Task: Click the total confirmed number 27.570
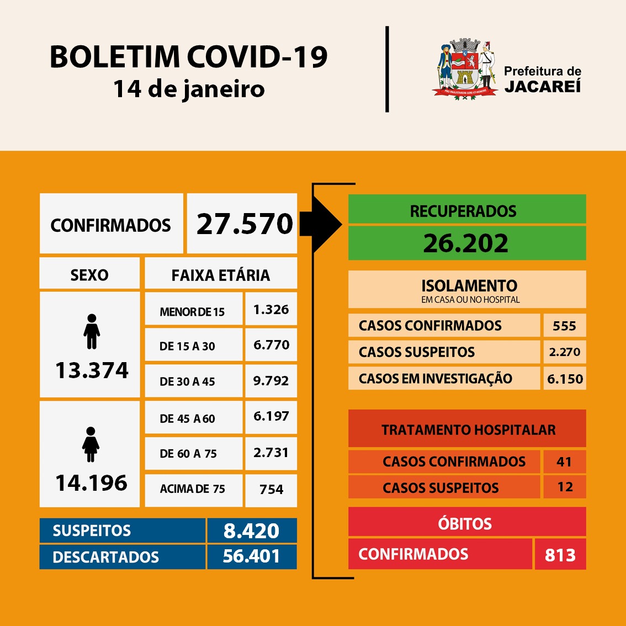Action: (x=245, y=224)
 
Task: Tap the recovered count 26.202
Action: (x=465, y=243)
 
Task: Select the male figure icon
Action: (x=92, y=332)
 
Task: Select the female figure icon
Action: (x=91, y=444)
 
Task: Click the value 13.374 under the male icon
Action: (x=92, y=370)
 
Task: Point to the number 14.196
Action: (x=91, y=483)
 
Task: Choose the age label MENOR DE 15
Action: (x=192, y=312)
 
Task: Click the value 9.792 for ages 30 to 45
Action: (x=271, y=380)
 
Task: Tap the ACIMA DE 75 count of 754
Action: (x=271, y=489)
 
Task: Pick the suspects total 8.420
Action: (x=252, y=530)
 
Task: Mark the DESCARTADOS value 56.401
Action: (x=252, y=556)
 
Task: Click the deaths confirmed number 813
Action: (x=560, y=555)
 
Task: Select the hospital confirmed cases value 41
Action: (x=564, y=461)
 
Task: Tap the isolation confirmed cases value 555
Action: (x=564, y=326)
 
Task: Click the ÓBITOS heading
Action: (x=465, y=523)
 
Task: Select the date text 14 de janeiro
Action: (x=189, y=89)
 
